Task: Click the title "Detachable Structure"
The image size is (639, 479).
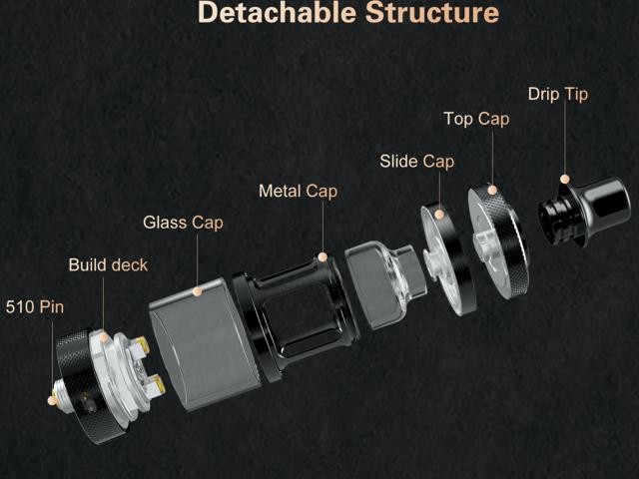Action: tap(348, 12)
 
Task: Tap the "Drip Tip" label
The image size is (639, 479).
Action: tap(558, 94)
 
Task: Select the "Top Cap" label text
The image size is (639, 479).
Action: tap(476, 119)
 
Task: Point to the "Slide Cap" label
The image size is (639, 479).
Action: tap(417, 162)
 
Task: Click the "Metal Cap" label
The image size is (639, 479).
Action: tap(299, 191)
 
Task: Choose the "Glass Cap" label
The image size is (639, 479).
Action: tap(183, 223)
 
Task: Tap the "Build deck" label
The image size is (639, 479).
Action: tap(108, 264)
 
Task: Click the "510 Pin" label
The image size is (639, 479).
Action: tap(35, 306)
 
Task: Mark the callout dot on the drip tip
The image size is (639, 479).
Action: tap(564, 179)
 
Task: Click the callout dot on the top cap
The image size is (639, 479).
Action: tap(492, 190)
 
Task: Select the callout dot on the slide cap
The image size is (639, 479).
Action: tap(439, 215)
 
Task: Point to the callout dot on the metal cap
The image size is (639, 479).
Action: tap(322, 257)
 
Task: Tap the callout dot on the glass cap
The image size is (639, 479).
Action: tap(198, 291)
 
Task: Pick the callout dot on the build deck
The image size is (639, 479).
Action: tap(104, 337)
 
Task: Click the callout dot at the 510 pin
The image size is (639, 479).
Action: tap(52, 400)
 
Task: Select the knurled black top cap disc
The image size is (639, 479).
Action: tap(498, 241)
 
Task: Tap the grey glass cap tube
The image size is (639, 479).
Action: tap(204, 344)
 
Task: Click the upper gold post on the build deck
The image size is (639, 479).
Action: tap(140, 344)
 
